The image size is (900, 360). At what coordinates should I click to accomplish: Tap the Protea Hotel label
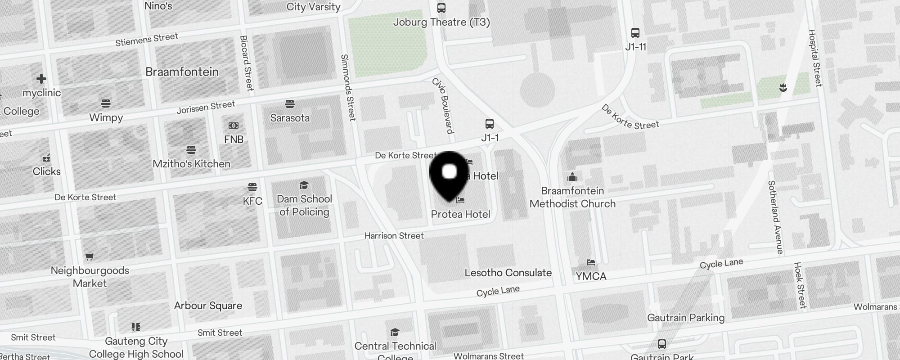click(x=460, y=214)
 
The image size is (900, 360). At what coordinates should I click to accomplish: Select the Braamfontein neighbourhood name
click(x=182, y=72)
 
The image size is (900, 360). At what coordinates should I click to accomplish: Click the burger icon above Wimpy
click(x=106, y=103)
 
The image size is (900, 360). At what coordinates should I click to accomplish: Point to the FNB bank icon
click(x=234, y=126)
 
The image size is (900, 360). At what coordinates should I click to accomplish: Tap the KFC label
click(x=252, y=201)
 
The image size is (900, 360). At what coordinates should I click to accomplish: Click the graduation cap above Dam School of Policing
click(x=304, y=185)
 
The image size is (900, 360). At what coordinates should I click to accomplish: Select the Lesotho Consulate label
click(x=508, y=273)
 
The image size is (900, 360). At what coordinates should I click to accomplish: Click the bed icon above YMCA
click(x=591, y=262)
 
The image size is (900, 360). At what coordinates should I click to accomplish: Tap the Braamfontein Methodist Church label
click(x=572, y=197)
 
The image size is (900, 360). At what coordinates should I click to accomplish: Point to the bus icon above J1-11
click(x=635, y=33)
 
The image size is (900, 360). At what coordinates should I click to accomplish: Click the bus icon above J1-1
click(x=490, y=124)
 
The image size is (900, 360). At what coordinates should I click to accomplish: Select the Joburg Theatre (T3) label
click(x=441, y=22)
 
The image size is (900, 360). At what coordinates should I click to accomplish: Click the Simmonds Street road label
click(x=348, y=88)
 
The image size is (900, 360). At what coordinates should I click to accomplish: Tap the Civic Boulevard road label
click(x=443, y=106)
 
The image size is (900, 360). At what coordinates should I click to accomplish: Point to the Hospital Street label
click(x=815, y=58)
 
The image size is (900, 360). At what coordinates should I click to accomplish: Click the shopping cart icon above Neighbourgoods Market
click(x=90, y=257)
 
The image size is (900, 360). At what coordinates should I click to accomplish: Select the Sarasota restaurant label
click(x=290, y=118)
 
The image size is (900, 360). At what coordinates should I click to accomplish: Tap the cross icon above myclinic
click(x=41, y=79)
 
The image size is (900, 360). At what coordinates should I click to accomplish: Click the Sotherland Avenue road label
click(x=775, y=217)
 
